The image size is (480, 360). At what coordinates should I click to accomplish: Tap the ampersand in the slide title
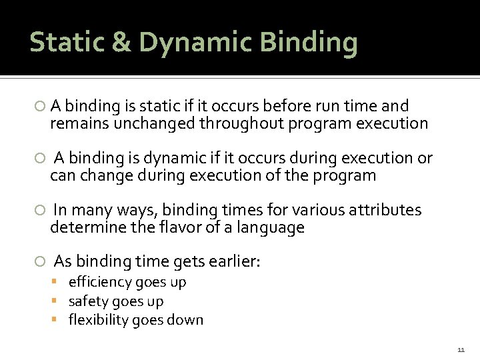coord(121,42)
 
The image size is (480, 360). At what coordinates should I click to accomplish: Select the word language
coord(272,229)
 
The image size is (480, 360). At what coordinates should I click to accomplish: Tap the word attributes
coord(383,211)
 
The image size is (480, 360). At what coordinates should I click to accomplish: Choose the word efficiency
coord(99,283)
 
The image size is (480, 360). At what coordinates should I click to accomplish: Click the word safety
coord(87,301)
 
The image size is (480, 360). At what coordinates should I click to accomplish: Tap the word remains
coord(75,123)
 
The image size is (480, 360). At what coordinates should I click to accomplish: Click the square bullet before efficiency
coord(59,282)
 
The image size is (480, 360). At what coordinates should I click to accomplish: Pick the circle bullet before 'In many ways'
coord(41,211)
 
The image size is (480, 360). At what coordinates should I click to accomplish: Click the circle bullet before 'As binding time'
coord(41,261)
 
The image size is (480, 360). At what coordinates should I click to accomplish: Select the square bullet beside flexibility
coord(59,320)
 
